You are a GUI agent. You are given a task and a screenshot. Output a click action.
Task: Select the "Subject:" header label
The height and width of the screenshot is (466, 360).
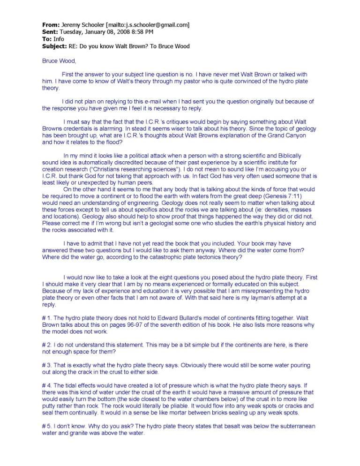click(x=55, y=46)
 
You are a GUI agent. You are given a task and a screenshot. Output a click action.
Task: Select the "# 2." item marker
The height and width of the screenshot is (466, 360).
click(x=47, y=345)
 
